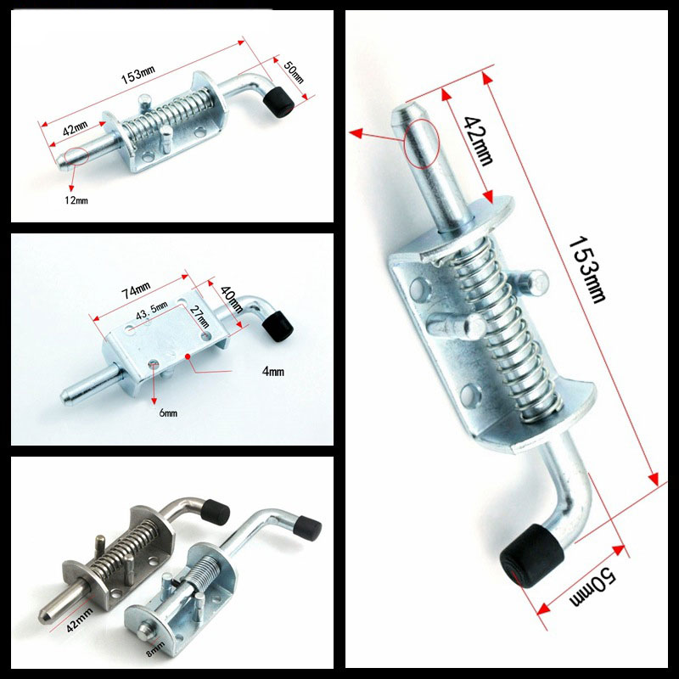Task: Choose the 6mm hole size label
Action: pos(168,412)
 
